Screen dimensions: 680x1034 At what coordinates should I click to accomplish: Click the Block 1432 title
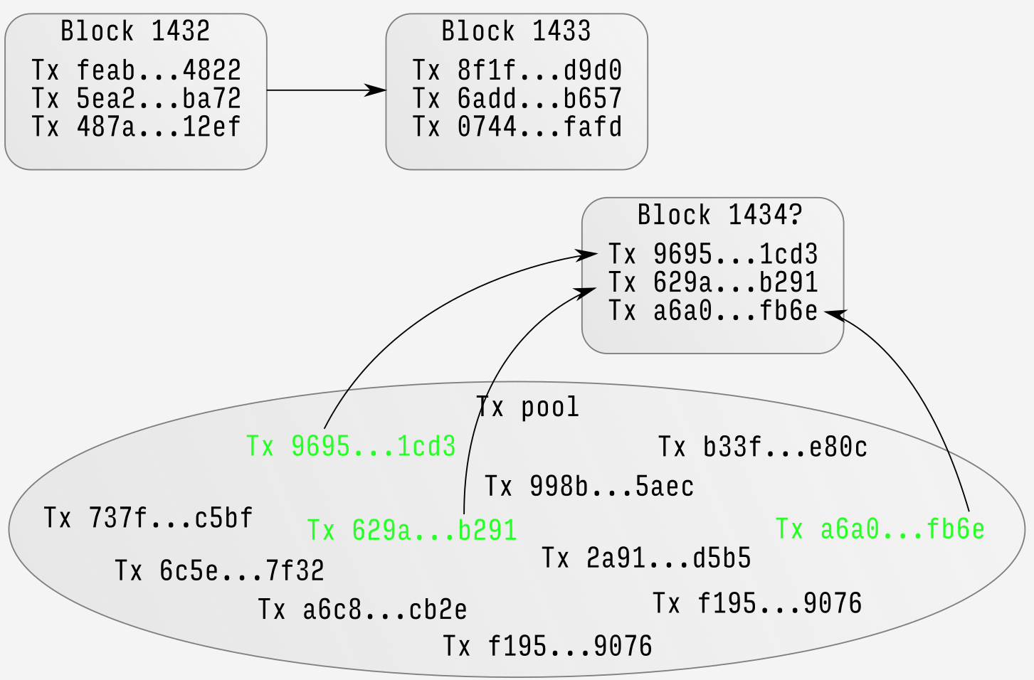135,31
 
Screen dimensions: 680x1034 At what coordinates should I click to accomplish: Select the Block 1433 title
516,31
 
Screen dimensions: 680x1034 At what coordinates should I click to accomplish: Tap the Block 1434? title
719,215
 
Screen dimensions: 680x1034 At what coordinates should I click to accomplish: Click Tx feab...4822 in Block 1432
136,70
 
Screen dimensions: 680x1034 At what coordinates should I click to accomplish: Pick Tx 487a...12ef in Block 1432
136,127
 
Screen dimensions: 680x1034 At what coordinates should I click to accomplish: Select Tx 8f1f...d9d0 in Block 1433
517,70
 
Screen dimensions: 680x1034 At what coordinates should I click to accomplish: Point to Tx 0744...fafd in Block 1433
517,127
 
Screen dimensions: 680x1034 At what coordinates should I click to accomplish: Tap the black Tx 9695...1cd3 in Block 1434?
713,254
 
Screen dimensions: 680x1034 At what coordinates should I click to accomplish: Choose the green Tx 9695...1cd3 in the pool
351,446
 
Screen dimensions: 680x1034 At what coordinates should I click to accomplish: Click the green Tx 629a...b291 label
411,531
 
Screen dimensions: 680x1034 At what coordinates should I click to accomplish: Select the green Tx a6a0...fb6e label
880,529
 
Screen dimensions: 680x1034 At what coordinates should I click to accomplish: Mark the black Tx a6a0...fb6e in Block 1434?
713,311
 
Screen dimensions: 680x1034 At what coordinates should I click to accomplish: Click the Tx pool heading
527,408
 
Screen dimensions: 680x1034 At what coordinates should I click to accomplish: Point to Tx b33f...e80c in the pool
762,447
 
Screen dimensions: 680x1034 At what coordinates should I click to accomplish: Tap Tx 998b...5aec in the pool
589,487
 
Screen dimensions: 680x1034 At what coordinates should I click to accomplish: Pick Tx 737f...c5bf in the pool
148,518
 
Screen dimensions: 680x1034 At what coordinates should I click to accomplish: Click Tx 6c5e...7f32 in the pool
219,570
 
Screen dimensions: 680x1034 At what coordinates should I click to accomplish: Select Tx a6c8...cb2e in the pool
362,610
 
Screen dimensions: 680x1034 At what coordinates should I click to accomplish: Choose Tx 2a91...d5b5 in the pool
646,558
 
